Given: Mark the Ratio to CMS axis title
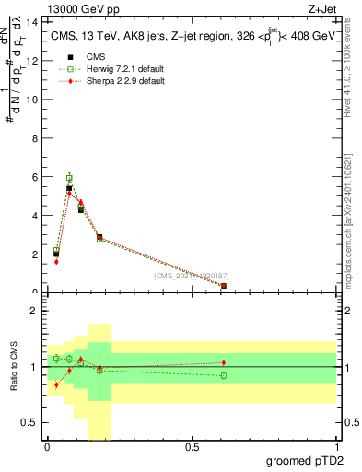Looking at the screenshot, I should [x=15, y=367].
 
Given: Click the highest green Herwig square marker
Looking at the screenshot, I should [x=69, y=178].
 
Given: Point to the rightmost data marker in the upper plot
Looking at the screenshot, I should [x=224, y=286].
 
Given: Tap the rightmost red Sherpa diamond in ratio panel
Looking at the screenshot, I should [x=224, y=362].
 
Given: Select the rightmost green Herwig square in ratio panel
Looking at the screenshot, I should [x=224, y=375].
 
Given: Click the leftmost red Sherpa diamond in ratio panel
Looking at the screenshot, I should [x=56, y=384].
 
